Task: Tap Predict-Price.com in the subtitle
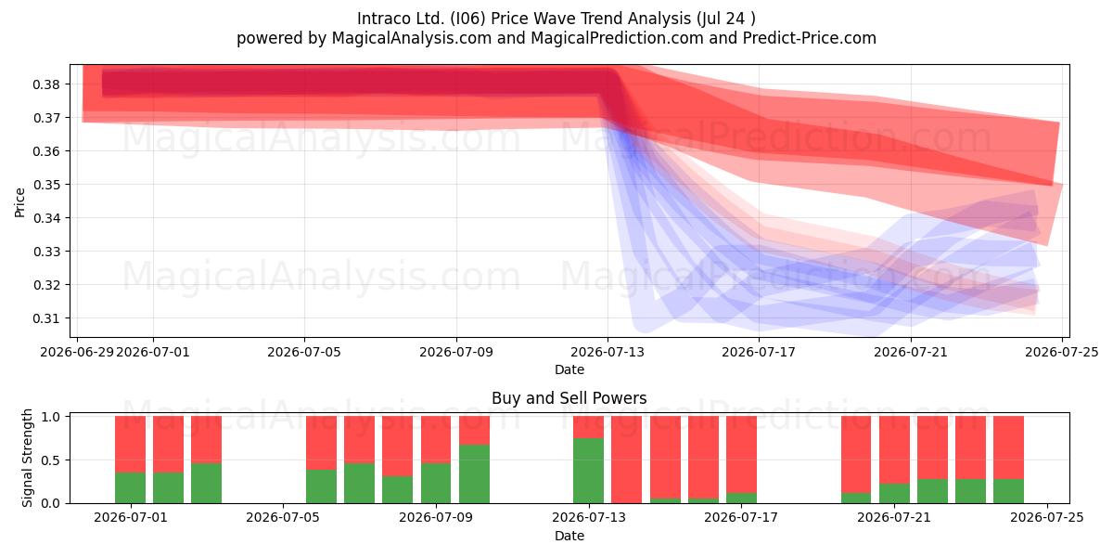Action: (x=810, y=38)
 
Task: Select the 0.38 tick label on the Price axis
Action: (x=46, y=84)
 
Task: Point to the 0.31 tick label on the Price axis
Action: (x=46, y=318)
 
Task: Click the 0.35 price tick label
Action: (x=46, y=185)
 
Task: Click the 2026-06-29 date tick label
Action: (x=77, y=352)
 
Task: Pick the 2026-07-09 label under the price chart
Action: (x=456, y=352)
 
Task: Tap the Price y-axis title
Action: (x=19, y=202)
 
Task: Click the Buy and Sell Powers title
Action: (x=569, y=398)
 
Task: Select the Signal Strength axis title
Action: (x=27, y=458)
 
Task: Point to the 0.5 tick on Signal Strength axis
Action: (x=50, y=460)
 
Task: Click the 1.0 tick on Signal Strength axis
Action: (x=50, y=417)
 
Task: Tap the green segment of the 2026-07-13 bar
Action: (x=588, y=471)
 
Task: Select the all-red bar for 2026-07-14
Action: (x=627, y=460)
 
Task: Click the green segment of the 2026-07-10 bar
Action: (x=474, y=474)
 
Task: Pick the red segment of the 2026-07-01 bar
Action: (x=130, y=444)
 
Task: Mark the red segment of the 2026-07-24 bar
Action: (x=1009, y=447)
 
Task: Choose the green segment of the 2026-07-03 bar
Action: (x=206, y=484)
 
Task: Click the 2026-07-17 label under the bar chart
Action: (x=741, y=517)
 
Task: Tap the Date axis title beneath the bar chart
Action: (x=569, y=536)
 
